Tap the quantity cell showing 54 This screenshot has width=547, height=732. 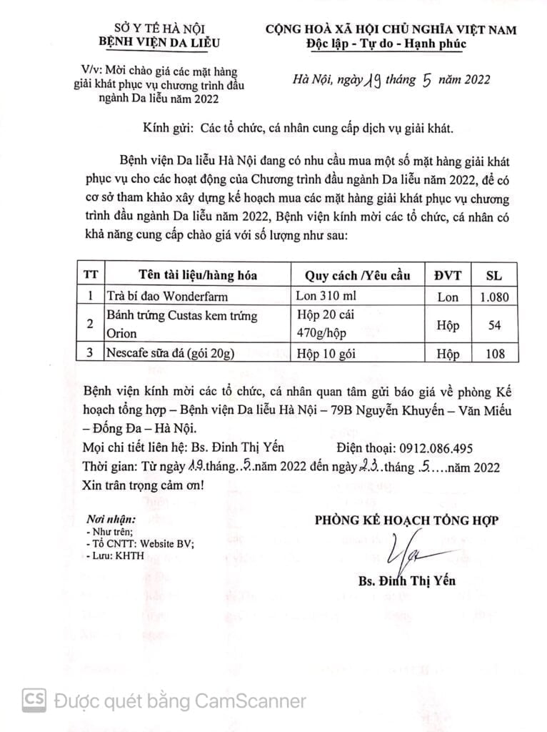point(493,325)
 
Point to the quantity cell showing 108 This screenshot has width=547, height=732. point(493,353)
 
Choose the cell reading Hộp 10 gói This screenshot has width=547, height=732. point(326,353)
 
